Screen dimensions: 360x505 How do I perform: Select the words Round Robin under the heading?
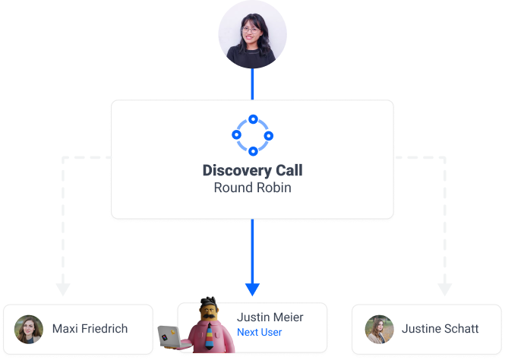[252, 187]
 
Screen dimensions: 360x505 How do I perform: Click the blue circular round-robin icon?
[252, 135]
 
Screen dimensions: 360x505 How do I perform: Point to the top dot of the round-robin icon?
[253, 120]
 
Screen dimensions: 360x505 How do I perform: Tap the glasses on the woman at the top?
[251, 30]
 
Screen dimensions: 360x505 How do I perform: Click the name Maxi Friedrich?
[90, 329]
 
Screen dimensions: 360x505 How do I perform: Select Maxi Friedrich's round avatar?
[29, 329]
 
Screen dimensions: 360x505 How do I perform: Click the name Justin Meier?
[270, 317]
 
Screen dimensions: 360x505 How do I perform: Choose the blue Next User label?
[259, 332]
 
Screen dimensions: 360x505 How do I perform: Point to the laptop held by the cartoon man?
[166, 334]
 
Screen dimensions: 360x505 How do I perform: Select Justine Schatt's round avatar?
[379, 329]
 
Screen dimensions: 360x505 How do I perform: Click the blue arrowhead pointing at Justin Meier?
[253, 289]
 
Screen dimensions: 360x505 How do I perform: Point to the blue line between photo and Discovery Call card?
[253, 83]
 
